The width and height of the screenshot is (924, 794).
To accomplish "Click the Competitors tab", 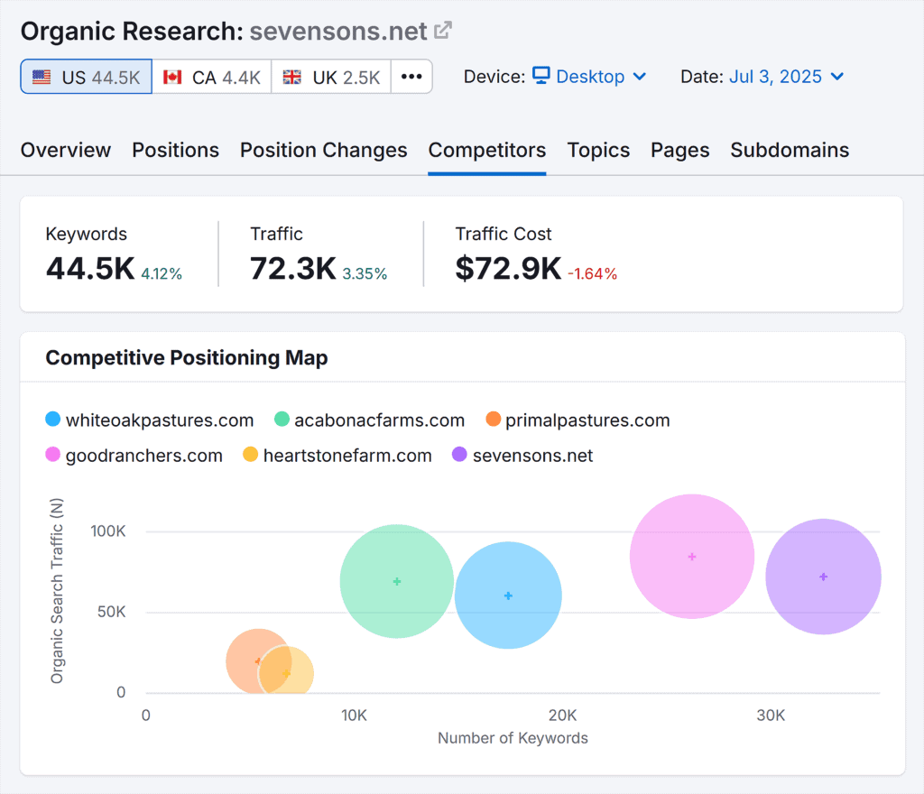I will [x=487, y=150].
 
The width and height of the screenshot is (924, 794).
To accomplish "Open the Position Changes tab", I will [x=323, y=150].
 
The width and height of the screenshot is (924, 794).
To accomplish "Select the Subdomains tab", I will [x=790, y=150].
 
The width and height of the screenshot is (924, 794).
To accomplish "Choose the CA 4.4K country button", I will [x=212, y=78].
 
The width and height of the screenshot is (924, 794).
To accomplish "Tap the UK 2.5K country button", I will [x=331, y=78].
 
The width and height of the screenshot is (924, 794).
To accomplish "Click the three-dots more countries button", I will [x=411, y=78].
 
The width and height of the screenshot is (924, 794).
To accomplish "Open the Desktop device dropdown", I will [x=589, y=77].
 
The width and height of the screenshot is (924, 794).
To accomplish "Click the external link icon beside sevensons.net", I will [x=443, y=31].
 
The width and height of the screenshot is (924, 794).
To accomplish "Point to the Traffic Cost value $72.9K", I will [x=508, y=268].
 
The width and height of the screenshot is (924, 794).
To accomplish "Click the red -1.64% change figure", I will [x=592, y=273].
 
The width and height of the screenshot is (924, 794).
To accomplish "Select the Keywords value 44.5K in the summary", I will [x=90, y=268].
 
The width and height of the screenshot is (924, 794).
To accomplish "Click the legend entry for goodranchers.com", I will [x=143, y=456].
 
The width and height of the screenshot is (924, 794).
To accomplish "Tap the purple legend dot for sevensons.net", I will [x=458, y=456].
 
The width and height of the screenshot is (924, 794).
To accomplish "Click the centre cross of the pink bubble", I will [x=692, y=557].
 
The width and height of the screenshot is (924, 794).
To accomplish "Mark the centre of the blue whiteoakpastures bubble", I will [x=508, y=595].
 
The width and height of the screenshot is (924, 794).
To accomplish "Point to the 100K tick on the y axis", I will [x=108, y=531].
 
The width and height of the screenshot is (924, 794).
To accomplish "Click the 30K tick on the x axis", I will [x=771, y=716].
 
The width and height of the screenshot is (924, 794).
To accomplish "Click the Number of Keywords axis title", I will [x=513, y=738].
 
